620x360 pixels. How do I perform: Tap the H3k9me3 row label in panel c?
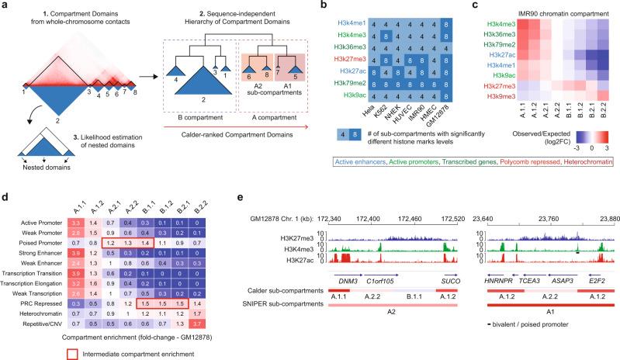(507, 99)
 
